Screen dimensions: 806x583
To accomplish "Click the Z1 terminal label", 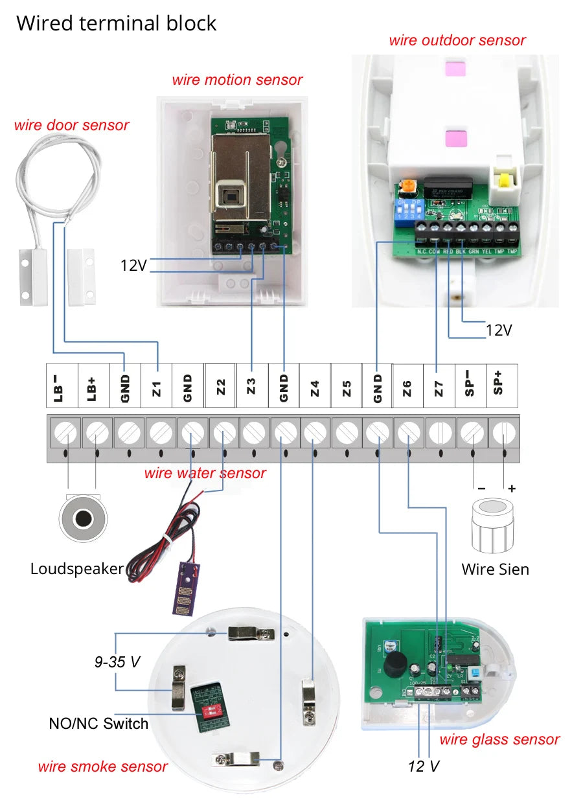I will pos(157,387).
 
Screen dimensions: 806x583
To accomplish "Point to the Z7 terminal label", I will pos(439,387).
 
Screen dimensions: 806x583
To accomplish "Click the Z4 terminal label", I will pos(315,387).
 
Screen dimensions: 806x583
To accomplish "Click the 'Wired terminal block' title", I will pos(117,23).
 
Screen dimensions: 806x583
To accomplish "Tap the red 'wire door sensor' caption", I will pos(71,125).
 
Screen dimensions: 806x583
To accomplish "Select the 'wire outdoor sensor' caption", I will pos(457,40).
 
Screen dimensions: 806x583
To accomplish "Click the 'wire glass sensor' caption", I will pos(499,739).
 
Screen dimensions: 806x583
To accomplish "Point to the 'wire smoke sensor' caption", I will pos(102,767).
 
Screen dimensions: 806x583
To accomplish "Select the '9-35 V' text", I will pos(117,662).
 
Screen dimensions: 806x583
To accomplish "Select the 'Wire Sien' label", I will pos(495,570).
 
